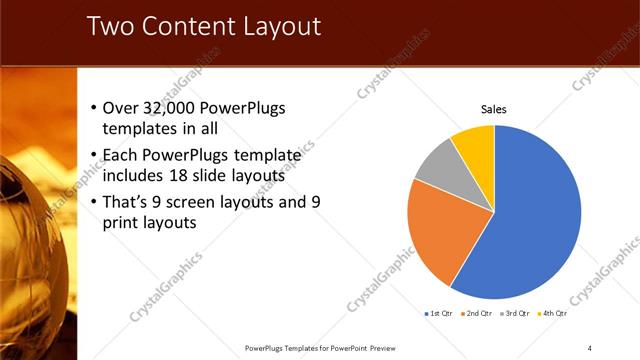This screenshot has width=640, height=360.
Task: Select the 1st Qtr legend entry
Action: [440, 313]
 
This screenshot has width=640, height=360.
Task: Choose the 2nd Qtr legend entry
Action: [478, 313]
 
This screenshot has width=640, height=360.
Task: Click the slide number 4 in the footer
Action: [590, 347]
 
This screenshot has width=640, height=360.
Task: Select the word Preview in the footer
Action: [378, 347]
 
